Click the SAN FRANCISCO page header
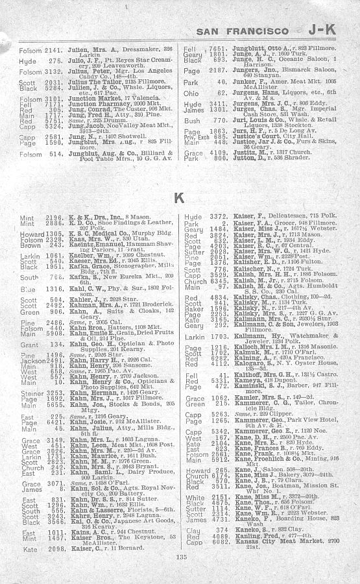point(242,30)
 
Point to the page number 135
point(179,574)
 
